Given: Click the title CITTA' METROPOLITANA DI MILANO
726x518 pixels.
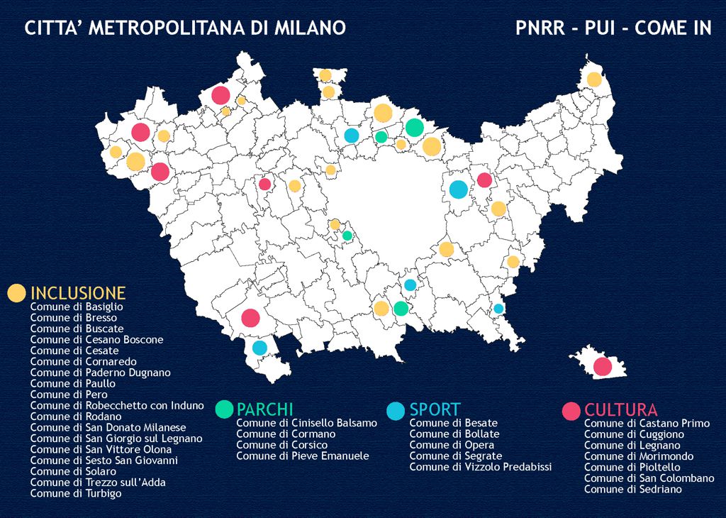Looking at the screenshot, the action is [185, 28].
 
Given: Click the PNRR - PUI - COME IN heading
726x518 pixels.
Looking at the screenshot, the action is [613, 28].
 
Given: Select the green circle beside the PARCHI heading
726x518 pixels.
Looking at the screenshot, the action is [224, 409].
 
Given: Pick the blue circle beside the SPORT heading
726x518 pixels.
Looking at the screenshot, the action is [396, 410].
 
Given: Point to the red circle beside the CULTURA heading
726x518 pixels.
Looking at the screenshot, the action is [571, 411].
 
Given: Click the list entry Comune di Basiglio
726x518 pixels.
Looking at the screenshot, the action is [77, 307].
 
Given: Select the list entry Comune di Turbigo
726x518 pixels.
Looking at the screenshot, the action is [75, 493].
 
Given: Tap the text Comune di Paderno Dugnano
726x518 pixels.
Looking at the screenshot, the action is [100, 373].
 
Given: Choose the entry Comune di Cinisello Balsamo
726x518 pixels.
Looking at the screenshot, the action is [306, 423].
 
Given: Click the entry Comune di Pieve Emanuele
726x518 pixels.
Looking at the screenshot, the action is [303, 456].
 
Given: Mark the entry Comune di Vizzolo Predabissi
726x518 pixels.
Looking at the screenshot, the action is [481, 467].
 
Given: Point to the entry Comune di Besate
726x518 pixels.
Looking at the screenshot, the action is [454, 423].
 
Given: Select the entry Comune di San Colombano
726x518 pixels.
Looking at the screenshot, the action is [649, 478].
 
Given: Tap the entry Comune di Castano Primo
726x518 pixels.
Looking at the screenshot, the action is [647, 424].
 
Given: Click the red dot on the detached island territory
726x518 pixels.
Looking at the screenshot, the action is [603, 367].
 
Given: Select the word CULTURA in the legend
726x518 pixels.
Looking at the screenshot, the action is [620, 410].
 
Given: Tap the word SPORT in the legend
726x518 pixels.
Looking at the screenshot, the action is [435, 409].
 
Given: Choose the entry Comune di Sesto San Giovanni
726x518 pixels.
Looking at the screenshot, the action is [104, 460].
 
